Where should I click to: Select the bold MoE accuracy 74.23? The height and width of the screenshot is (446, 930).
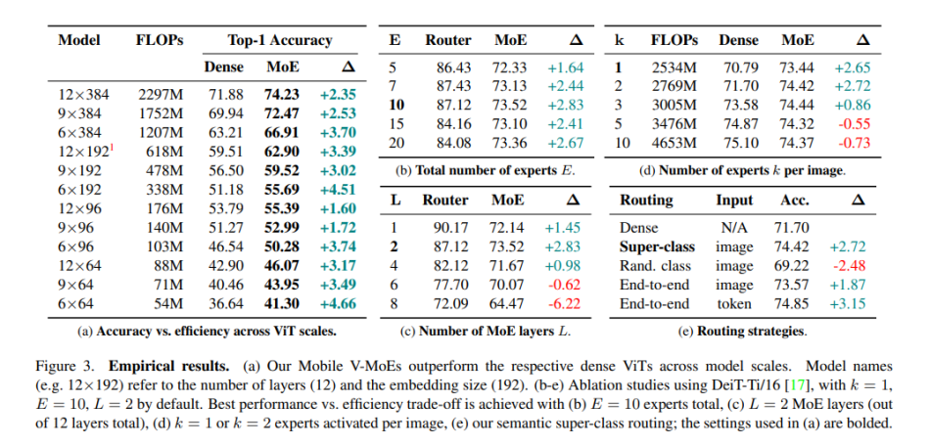(x=283, y=94)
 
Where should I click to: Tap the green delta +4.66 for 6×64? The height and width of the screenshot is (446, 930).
(x=338, y=305)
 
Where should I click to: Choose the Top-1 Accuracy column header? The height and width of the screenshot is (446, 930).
(x=280, y=40)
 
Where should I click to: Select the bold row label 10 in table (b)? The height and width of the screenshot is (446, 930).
(x=396, y=104)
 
